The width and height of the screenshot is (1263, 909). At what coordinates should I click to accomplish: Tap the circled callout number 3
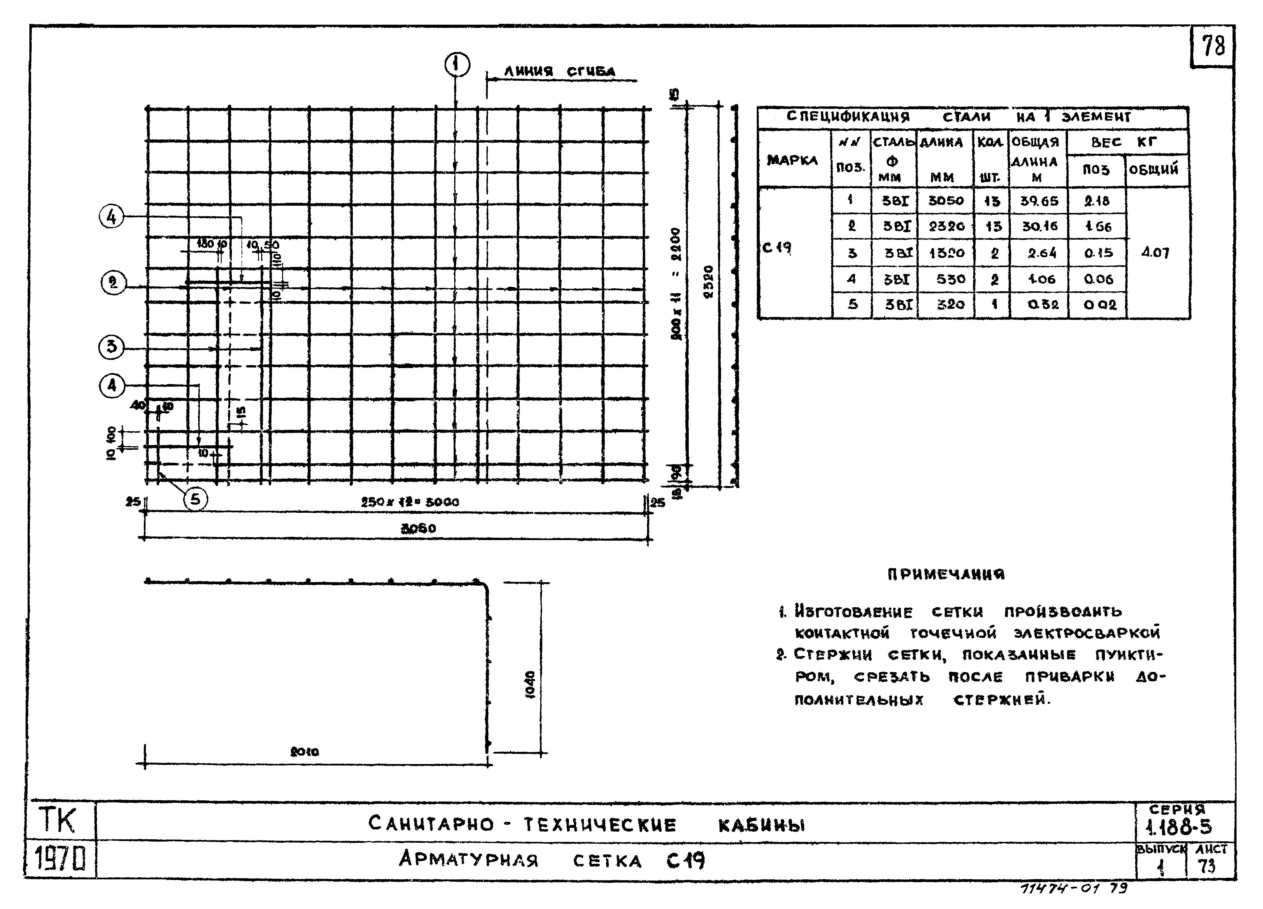tap(111, 347)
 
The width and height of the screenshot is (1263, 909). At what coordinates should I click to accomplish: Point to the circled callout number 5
tap(195, 499)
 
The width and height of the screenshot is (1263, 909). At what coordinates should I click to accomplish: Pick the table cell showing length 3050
tap(945, 200)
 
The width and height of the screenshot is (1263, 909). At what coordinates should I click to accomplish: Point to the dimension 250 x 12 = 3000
tap(410, 502)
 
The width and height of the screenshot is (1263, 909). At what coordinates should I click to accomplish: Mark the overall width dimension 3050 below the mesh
tap(418, 528)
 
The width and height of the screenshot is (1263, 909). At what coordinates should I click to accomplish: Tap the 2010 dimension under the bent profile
tap(305, 752)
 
